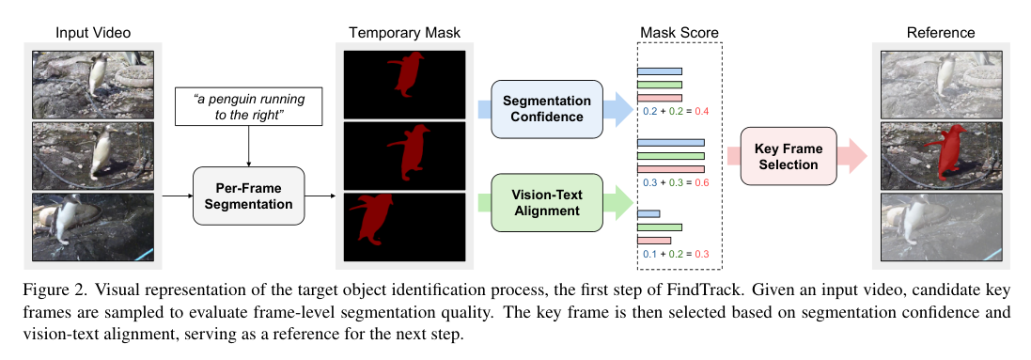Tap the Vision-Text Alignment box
coord(546,204)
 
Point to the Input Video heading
coord(93,33)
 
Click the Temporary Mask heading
coord(404,33)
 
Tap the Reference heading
coord(940,33)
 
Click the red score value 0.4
coord(701,111)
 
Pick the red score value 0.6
coord(701,182)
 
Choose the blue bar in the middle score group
coord(670,142)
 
